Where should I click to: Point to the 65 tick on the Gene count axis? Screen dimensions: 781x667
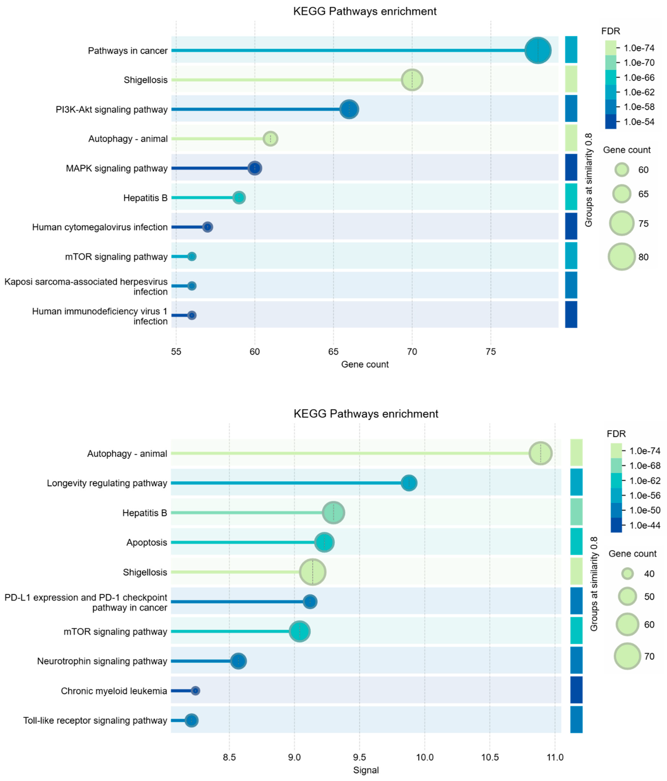tap(333, 352)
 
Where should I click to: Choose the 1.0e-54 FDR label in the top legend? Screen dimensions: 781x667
tap(639, 122)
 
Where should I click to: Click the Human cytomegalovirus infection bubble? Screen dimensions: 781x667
tap(207, 227)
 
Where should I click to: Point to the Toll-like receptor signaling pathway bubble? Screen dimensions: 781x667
tap(191, 720)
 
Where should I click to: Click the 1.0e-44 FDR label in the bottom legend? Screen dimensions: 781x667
tap(645, 525)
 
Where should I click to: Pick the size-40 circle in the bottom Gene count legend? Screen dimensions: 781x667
tap(627, 574)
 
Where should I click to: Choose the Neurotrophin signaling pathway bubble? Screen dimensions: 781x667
tap(238, 661)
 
